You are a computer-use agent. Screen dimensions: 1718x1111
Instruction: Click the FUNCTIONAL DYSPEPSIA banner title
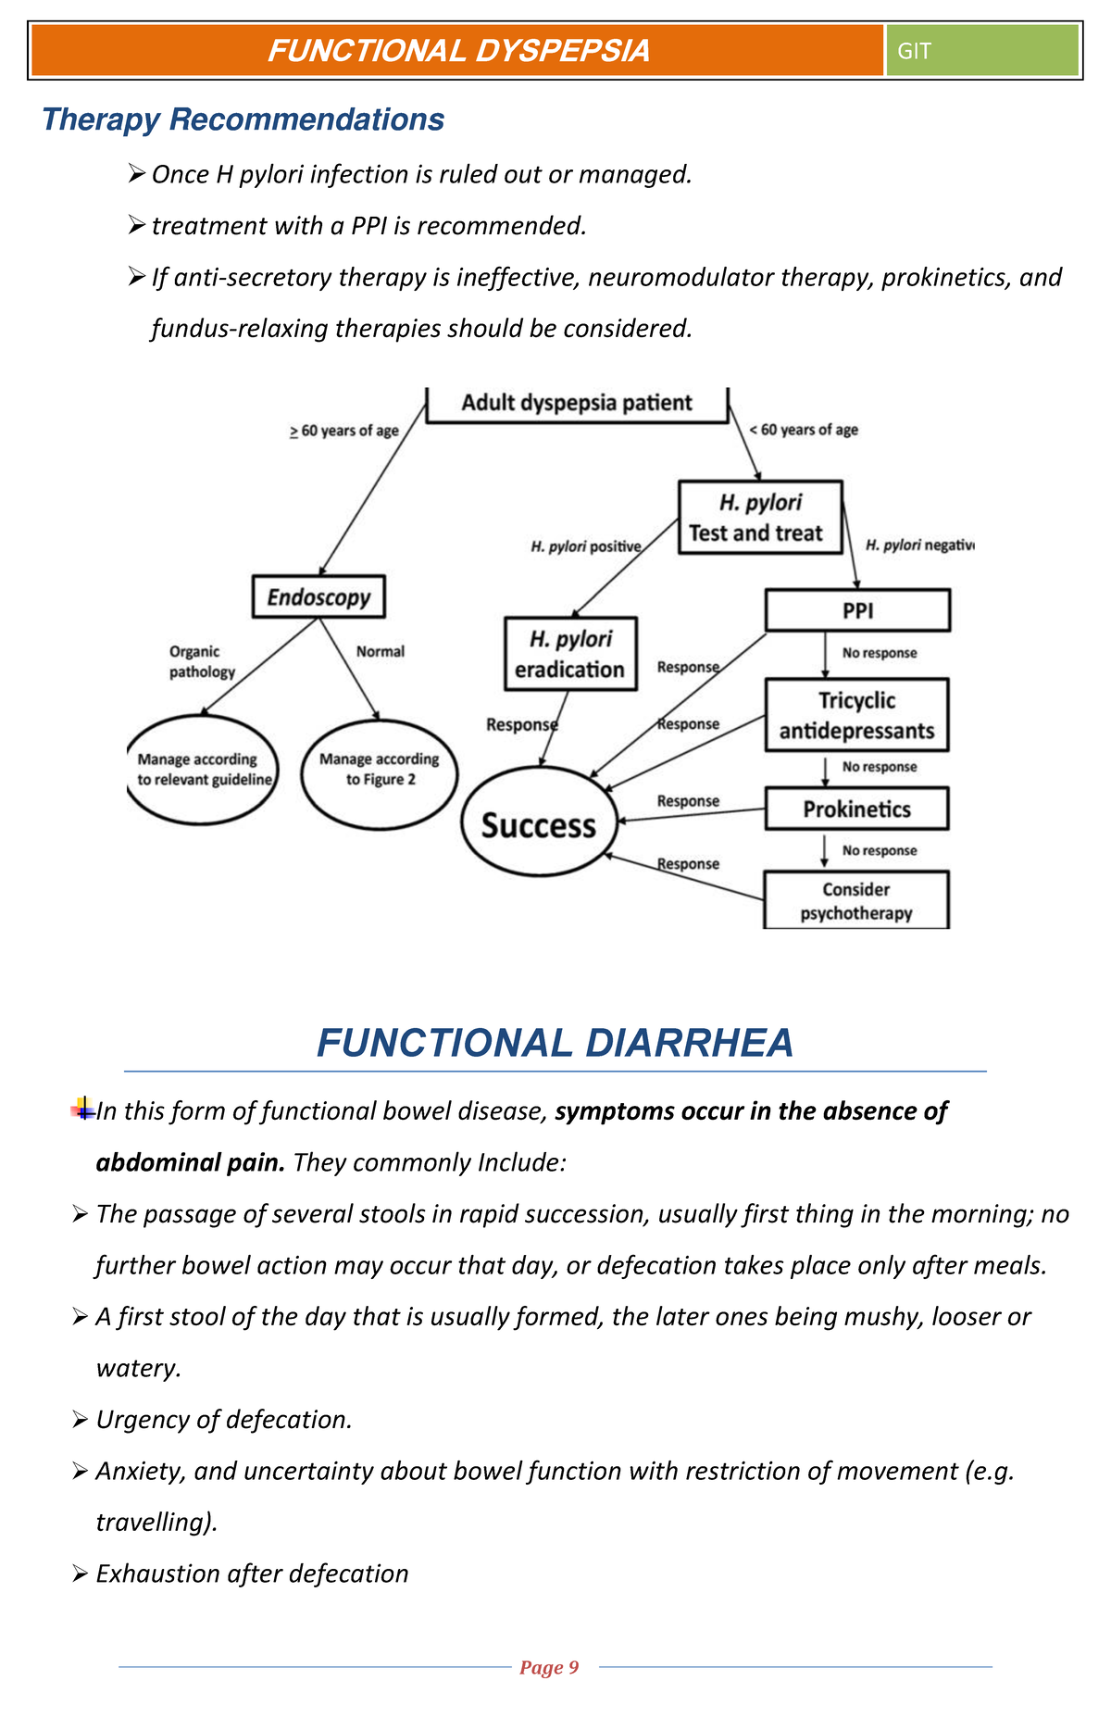pyautogui.click(x=458, y=50)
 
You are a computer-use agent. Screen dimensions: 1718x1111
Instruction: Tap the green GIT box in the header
pyautogui.click(x=981, y=50)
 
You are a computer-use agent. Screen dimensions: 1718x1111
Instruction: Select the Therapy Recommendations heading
pyautogui.click(x=243, y=119)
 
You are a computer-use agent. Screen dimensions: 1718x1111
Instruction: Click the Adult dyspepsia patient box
pyautogui.click(x=577, y=404)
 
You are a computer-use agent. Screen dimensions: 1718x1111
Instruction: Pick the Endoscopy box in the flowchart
pyautogui.click(x=318, y=597)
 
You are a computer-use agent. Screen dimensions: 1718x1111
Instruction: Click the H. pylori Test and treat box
pyautogui.click(x=759, y=518)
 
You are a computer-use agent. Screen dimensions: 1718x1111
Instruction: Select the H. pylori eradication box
pyautogui.click(x=570, y=654)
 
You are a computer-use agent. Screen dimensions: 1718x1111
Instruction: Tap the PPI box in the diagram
pyautogui.click(x=857, y=611)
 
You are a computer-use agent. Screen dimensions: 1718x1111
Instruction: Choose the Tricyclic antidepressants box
pyautogui.click(x=856, y=715)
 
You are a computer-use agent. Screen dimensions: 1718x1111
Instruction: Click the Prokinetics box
pyautogui.click(x=856, y=809)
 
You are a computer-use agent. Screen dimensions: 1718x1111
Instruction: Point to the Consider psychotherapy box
pyautogui.click(x=856, y=900)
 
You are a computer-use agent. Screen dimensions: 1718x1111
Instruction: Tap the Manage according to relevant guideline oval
pyautogui.click(x=203, y=770)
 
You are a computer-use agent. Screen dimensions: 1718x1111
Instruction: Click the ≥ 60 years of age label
pyautogui.click(x=343, y=431)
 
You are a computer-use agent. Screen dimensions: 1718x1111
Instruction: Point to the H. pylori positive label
pyautogui.click(x=585, y=546)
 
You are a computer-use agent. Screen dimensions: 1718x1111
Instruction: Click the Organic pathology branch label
pyautogui.click(x=201, y=661)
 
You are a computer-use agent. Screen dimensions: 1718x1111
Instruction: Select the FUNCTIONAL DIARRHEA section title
pyautogui.click(x=555, y=1043)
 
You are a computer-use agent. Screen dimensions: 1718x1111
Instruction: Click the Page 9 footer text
pyautogui.click(x=549, y=1668)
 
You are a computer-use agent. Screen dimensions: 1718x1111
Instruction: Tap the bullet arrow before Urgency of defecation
pyautogui.click(x=79, y=1419)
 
